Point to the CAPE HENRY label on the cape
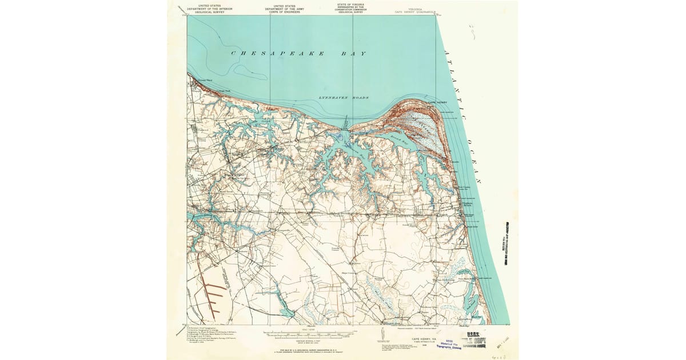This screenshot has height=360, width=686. coord(439,102)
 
